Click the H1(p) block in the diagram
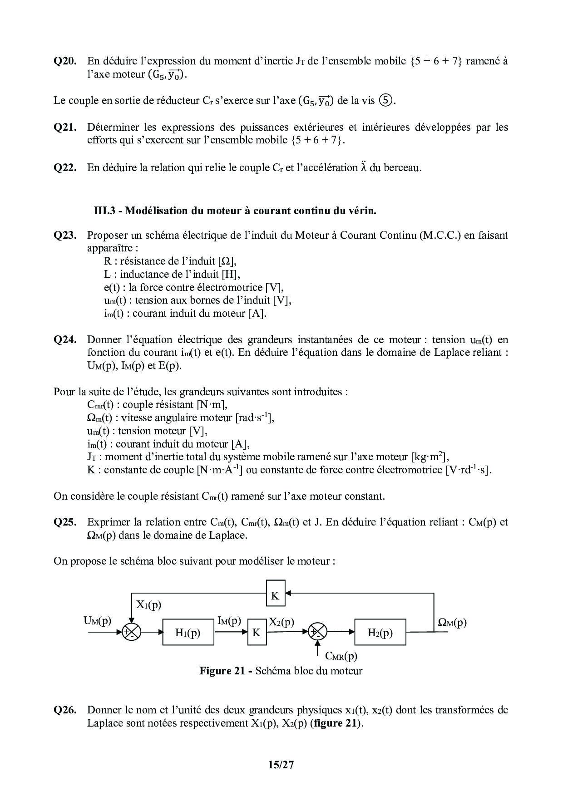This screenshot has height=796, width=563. pos(188,632)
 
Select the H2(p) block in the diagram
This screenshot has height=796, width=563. pos(380,632)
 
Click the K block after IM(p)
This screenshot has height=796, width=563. pos(257,632)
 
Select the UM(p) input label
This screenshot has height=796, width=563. pos(97,621)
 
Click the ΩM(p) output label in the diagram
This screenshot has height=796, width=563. pos(452,623)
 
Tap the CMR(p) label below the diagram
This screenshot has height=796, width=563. pos(341,656)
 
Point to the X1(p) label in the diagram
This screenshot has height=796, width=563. pos(148,605)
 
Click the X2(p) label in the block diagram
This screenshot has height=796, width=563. pos(281,622)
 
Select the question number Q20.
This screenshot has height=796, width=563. pos(65,61)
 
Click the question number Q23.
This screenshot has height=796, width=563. pos(65,235)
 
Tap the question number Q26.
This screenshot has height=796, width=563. pos(65,710)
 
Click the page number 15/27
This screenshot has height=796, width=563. pos(281,765)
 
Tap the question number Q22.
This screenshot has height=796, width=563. pos(65,167)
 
